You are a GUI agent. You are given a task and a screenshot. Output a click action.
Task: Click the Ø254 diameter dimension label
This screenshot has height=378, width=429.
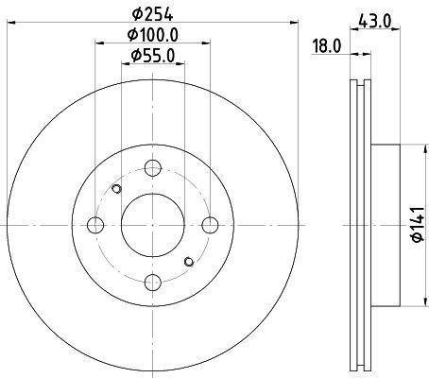click(x=152, y=14)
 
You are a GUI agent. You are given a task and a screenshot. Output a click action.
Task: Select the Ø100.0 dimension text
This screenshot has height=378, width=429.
click(x=152, y=34)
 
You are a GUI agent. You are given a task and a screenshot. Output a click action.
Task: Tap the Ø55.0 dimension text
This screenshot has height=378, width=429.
click(x=152, y=56)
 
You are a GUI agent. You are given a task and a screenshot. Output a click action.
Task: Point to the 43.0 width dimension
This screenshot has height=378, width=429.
click(x=374, y=22)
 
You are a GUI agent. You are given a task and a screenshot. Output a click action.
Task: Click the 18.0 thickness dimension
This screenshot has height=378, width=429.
click(x=326, y=46)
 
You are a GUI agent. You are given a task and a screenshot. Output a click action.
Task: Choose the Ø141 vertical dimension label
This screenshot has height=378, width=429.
click(x=419, y=225)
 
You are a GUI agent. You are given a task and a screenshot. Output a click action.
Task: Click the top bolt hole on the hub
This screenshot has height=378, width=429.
click(x=153, y=168)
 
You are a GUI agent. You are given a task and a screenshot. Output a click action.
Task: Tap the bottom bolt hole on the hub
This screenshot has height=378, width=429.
click(x=153, y=283)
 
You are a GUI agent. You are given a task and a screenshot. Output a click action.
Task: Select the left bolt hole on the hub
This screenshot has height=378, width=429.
click(x=95, y=225)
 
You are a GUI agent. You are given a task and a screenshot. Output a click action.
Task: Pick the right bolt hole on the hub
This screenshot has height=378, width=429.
click(x=210, y=225)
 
